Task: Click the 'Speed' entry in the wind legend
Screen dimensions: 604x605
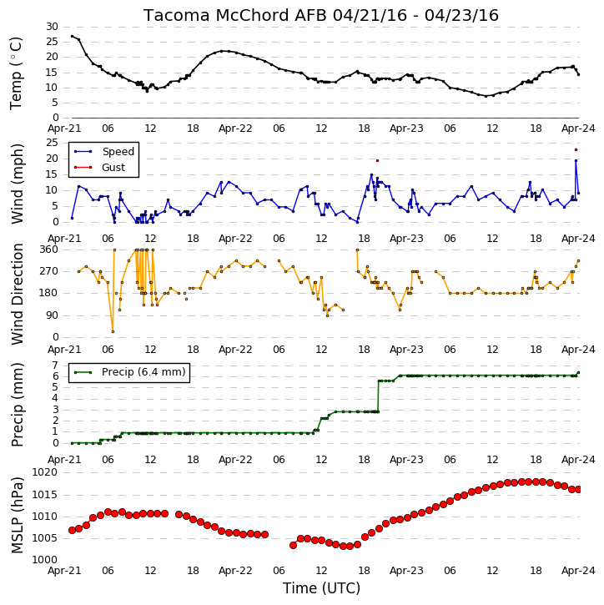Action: tap(118, 152)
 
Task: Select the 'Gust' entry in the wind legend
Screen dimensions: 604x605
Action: tap(113, 168)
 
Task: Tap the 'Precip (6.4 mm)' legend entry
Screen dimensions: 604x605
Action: tap(143, 372)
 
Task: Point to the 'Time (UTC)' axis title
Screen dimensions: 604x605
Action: tap(321, 588)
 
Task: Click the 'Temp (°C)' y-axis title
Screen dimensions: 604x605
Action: tap(16, 73)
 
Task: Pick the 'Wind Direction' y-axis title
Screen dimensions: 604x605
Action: tap(18, 294)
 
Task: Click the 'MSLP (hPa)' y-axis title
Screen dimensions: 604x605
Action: tap(18, 515)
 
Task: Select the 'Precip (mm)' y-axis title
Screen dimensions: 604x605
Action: tap(18, 405)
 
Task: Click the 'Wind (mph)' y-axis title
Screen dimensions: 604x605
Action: tap(18, 184)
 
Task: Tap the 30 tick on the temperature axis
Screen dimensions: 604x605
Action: tap(52, 27)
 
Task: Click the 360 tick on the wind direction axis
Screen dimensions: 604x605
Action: tap(49, 250)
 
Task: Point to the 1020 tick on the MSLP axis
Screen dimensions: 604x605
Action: tap(44, 472)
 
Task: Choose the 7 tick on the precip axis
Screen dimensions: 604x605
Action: tap(55, 365)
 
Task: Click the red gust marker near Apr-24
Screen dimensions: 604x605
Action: tap(576, 149)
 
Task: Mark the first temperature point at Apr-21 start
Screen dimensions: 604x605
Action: tap(72, 36)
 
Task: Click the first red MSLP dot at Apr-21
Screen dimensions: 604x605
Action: tap(72, 530)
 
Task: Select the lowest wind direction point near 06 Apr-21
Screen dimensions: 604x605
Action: tap(113, 331)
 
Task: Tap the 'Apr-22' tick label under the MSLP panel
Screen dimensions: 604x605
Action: tap(235, 571)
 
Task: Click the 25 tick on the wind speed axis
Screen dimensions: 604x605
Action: tap(52, 143)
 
